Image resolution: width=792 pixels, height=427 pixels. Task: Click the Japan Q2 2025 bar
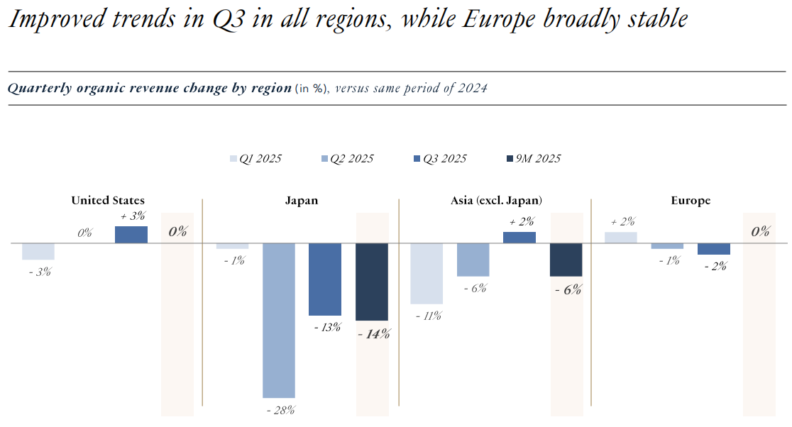279,320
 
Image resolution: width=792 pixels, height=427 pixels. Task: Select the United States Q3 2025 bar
131,235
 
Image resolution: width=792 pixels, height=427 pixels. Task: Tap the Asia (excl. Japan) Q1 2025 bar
427,274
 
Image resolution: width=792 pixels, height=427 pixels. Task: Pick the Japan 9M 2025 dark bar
372,282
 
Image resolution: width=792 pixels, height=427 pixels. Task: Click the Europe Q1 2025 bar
621,238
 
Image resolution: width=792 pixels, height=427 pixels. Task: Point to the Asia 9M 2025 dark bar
566,260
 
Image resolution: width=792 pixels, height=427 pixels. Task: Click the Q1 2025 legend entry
255,159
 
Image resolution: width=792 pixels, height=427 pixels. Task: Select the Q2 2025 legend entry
347,159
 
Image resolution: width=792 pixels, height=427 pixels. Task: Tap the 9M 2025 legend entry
533,159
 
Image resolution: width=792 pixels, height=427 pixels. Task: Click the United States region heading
108,201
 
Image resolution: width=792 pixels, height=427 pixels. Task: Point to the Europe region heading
691,201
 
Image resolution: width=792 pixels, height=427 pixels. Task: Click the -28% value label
280,410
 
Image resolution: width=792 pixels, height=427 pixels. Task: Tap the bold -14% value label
373,334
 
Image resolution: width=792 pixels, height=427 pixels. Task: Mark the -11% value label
427,316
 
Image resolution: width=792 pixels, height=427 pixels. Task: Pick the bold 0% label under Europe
760,231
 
